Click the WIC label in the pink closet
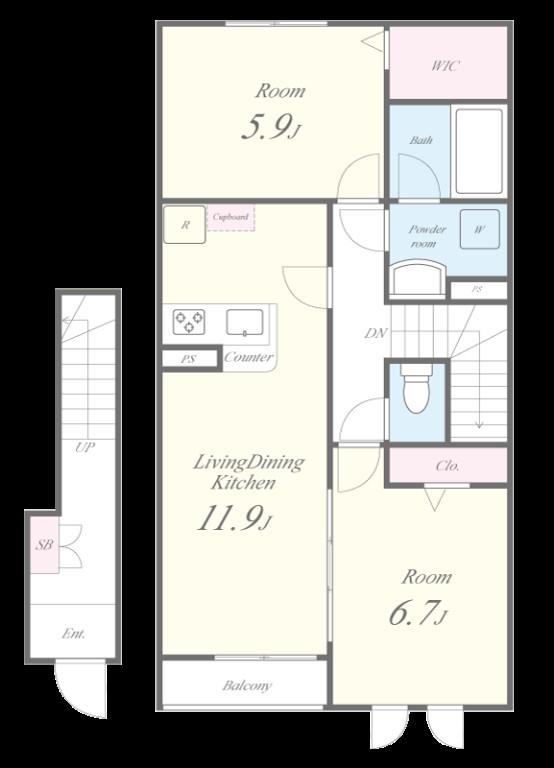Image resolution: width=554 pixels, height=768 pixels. point(445,66)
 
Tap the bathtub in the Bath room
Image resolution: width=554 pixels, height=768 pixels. point(479,151)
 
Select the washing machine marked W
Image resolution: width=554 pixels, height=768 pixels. point(480,229)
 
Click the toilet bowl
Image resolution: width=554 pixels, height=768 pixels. point(416,388)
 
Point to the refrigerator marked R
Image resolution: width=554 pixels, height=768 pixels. point(184,225)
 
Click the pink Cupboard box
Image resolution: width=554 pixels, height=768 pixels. point(231,218)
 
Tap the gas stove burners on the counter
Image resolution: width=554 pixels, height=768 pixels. point(189,322)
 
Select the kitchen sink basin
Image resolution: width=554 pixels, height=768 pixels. point(244,323)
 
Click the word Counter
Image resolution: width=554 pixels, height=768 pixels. point(248,357)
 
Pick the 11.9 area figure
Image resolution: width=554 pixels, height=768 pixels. point(234,518)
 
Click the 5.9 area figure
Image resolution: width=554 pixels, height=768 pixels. point(271,127)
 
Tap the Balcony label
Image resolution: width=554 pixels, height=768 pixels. point(247,686)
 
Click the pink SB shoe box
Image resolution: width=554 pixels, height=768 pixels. point(44,544)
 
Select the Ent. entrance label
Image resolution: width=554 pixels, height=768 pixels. point(73,634)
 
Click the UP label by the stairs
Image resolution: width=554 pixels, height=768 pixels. point(85,447)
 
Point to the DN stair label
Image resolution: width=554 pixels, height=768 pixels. point(376,334)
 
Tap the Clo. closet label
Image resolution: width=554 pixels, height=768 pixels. point(447,466)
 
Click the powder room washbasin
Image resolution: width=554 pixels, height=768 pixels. point(418,277)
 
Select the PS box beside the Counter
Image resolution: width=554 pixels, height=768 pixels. point(189,359)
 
